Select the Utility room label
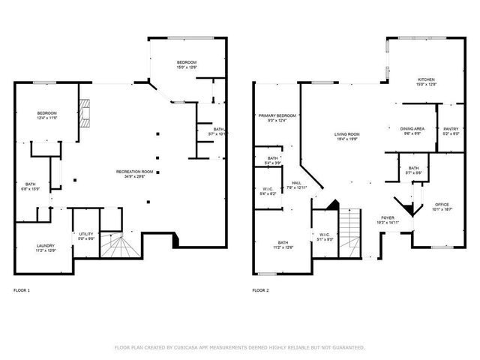(86, 236)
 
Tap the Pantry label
(451, 129)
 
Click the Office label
(442, 206)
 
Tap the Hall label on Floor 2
(296, 184)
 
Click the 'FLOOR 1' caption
(22, 289)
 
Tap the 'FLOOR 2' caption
(259, 289)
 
